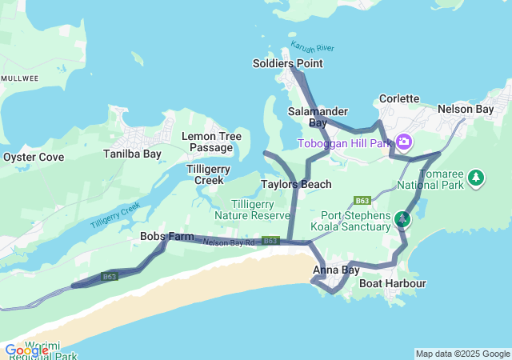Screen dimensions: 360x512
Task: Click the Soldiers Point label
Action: coord(287,63)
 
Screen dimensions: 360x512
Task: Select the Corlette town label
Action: coord(398,98)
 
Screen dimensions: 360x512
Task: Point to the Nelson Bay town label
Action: coord(466,109)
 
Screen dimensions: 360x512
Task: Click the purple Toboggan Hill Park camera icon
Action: coord(404,142)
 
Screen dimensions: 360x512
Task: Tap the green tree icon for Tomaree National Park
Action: coord(476,176)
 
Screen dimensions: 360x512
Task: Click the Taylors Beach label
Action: coord(296,185)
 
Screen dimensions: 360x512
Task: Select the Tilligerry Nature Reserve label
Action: coord(252,210)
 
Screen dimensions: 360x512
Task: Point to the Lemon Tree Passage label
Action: coord(211,142)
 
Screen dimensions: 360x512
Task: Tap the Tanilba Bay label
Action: coord(132,154)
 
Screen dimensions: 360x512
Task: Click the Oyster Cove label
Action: coord(33,157)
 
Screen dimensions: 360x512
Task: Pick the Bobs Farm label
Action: coord(166,236)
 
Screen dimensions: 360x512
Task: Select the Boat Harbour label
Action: coord(392,283)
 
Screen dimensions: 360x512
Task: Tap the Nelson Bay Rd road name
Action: coord(228,242)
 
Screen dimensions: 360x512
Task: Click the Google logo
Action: coord(26,350)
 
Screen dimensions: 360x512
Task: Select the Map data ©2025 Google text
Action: coord(462,354)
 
